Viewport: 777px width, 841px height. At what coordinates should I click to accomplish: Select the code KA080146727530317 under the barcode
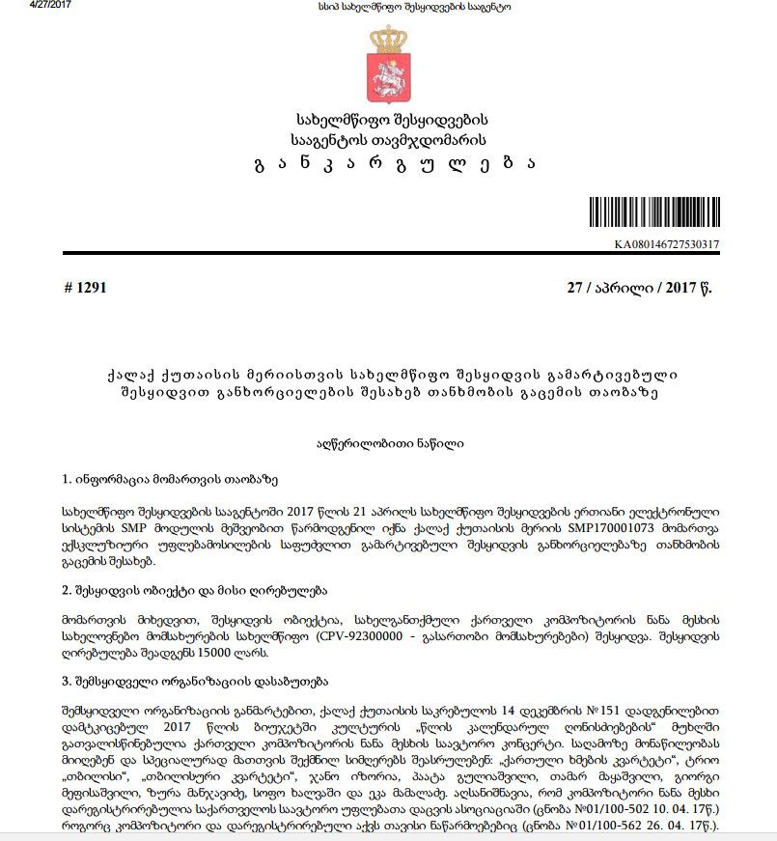pos(667,244)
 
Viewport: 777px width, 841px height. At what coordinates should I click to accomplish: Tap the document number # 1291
pos(84,288)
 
